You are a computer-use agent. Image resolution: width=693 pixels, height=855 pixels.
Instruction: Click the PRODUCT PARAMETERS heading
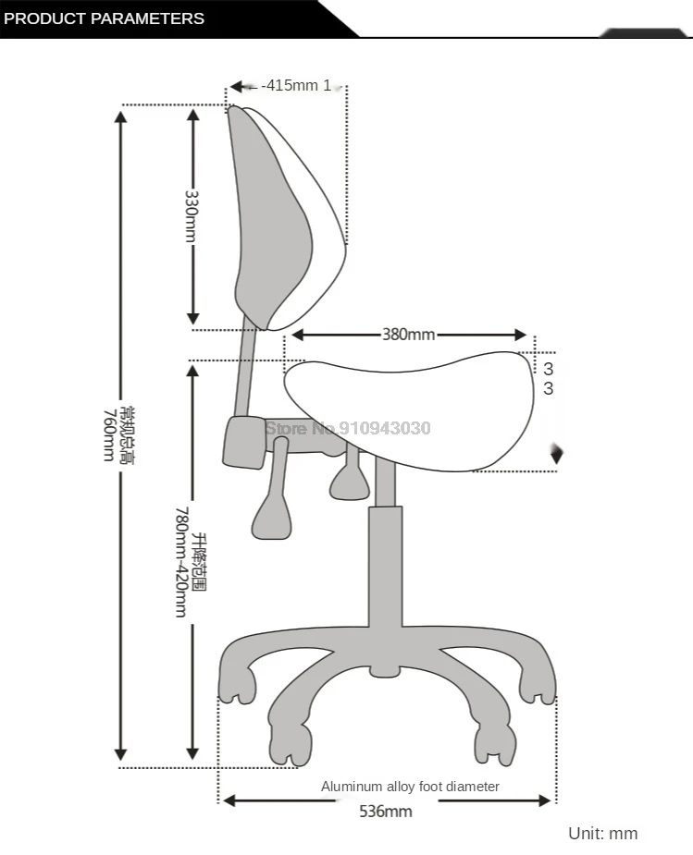click(x=104, y=18)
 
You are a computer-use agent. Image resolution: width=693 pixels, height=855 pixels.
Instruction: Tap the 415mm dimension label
click(x=296, y=86)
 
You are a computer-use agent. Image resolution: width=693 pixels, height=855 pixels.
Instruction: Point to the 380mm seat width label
click(x=408, y=335)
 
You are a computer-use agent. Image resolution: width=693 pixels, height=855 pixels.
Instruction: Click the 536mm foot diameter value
click(x=386, y=812)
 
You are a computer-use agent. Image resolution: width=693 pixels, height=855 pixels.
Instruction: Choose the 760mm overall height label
click(x=111, y=434)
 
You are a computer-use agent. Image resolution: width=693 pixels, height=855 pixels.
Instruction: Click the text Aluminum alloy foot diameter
click(x=410, y=787)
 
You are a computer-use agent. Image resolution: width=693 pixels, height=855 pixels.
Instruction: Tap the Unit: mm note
click(x=602, y=833)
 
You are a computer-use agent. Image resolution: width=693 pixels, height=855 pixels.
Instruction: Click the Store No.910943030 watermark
click(x=348, y=428)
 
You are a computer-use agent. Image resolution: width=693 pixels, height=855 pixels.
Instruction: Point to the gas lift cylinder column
click(x=385, y=573)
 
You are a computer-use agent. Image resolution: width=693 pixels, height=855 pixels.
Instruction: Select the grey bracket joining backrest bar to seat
click(x=243, y=442)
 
